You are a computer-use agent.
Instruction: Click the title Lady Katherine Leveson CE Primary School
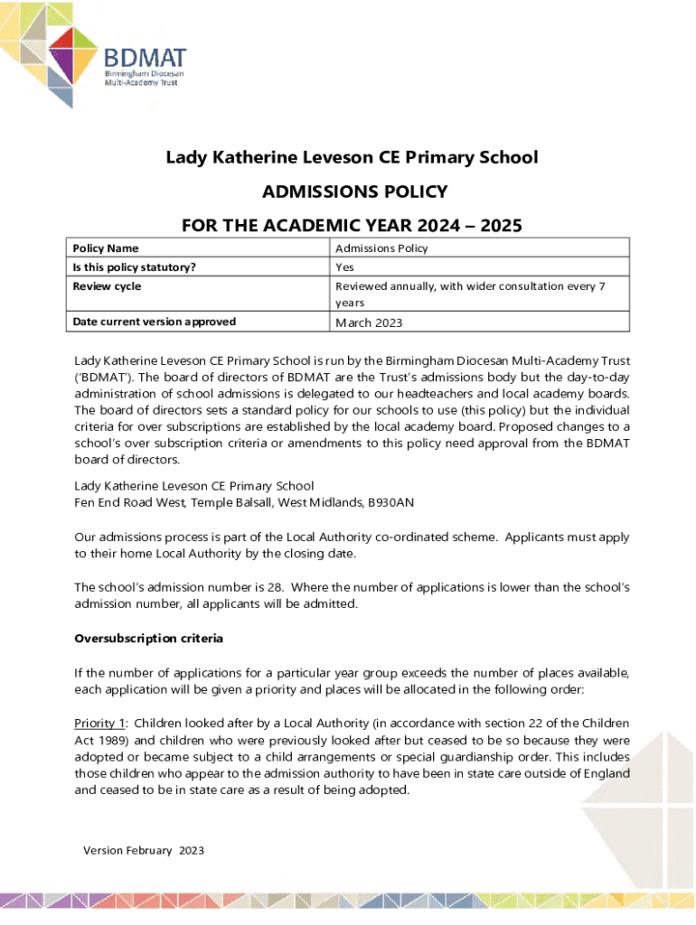pyautogui.click(x=352, y=158)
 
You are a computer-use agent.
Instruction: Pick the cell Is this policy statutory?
pyautogui.click(x=135, y=267)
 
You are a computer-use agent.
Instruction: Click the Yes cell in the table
pyautogui.click(x=344, y=267)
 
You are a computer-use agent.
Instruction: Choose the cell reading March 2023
pyautogui.click(x=369, y=322)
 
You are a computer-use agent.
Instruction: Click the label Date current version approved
pyautogui.click(x=155, y=322)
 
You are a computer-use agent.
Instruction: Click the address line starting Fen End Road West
pyautogui.click(x=244, y=502)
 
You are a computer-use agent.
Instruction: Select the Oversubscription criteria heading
pyautogui.click(x=148, y=639)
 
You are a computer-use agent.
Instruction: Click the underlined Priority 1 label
pyautogui.click(x=99, y=724)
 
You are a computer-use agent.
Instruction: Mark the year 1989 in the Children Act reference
pyautogui.click(x=112, y=742)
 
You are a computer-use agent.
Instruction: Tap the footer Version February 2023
pyautogui.click(x=144, y=851)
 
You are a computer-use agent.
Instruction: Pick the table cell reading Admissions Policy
pyautogui.click(x=381, y=248)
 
